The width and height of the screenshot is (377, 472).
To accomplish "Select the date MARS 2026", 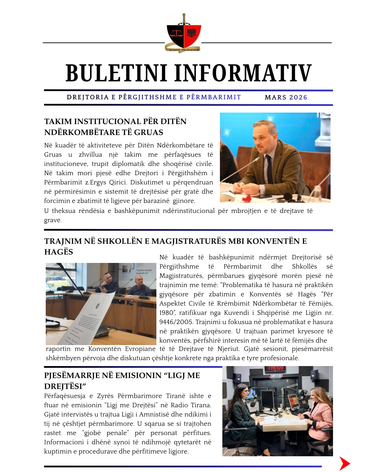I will click(x=286, y=98).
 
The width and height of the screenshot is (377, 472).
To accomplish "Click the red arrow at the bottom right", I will click(x=344, y=464).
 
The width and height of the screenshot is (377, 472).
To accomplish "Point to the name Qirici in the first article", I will click(x=120, y=182).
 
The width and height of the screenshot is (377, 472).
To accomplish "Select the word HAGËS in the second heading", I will click(x=59, y=252).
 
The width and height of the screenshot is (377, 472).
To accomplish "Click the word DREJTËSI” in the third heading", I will click(x=65, y=386).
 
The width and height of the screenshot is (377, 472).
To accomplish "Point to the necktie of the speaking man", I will click(x=269, y=169).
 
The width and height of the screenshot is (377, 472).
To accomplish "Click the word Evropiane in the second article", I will click(x=140, y=349).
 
